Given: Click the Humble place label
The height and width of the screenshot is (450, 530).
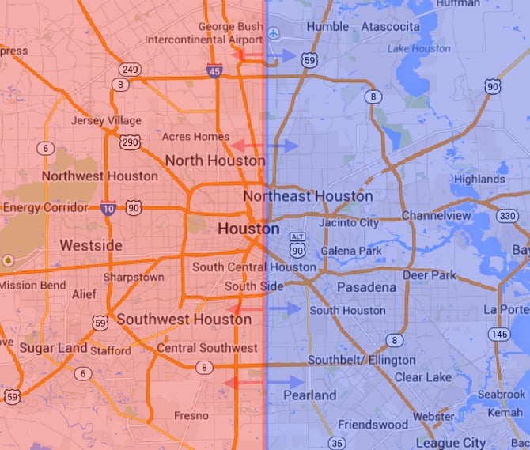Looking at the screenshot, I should click(x=327, y=26).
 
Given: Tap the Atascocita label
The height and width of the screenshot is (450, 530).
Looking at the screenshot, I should click(x=390, y=26).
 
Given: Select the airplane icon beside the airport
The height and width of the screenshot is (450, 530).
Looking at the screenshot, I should click(x=274, y=33).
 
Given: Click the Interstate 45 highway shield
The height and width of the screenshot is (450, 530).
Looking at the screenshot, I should click(x=214, y=71).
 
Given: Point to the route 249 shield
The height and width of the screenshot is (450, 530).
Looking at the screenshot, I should click(x=131, y=70).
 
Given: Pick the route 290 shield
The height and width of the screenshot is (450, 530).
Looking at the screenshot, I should click(x=131, y=142).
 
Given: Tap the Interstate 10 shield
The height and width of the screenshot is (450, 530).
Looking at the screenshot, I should click(x=108, y=208).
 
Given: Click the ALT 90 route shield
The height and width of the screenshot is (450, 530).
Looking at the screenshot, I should click(x=297, y=246).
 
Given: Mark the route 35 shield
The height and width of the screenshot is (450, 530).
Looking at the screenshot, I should click(x=338, y=442).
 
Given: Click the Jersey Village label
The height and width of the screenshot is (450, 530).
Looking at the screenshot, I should click(x=106, y=121).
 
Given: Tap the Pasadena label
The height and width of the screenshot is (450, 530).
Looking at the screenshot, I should click(x=366, y=287).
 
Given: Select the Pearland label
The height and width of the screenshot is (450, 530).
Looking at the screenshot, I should click(x=309, y=395).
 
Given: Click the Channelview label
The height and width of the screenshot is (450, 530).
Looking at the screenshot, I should click(x=436, y=216).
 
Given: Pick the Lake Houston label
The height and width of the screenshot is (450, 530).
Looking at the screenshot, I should click(x=419, y=48).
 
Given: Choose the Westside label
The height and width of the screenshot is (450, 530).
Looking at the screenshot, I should click(x=91, y=245).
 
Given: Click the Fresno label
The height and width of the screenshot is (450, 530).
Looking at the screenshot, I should click(x=191, y=415).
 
